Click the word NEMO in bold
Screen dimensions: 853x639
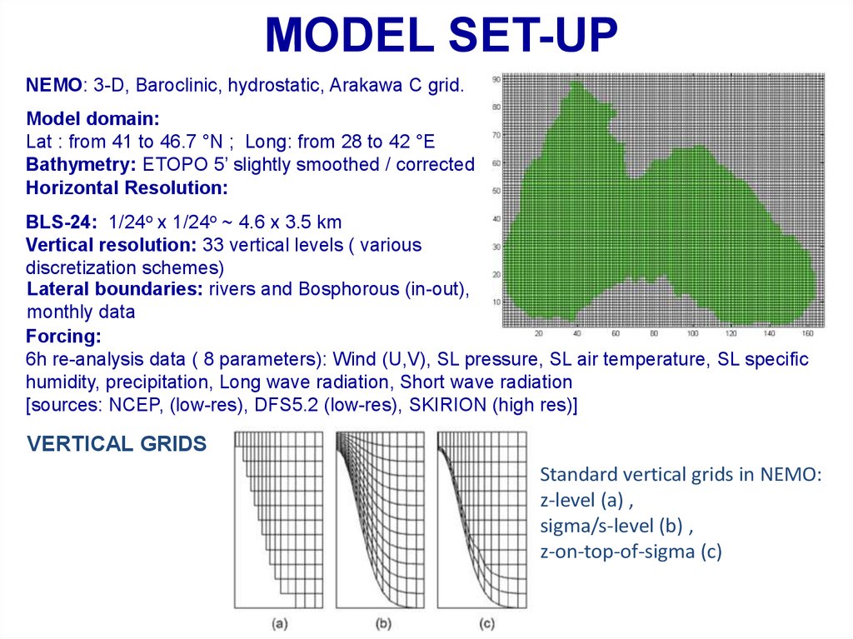pos(54,86)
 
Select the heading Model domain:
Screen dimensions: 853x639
pos(93,118)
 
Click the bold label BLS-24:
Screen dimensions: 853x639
pos(62,222)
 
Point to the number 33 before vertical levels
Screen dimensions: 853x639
pos(212,245)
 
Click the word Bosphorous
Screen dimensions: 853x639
pos(349,289)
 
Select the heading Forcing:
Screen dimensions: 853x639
pos(63,337)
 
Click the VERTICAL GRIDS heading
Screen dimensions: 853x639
pos(117,444)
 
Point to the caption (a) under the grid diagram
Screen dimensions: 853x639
pos(279,624)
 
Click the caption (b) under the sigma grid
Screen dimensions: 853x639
pos(383,624)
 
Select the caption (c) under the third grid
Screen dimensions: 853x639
pos(486,624)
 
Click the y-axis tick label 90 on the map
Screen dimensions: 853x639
pos(496,79)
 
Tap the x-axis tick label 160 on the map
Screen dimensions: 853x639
pos(807,333)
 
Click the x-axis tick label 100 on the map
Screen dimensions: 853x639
pos(692,333)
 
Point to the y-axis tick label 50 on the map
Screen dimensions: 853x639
pos(496,191)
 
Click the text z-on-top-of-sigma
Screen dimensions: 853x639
pos(617,552)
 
